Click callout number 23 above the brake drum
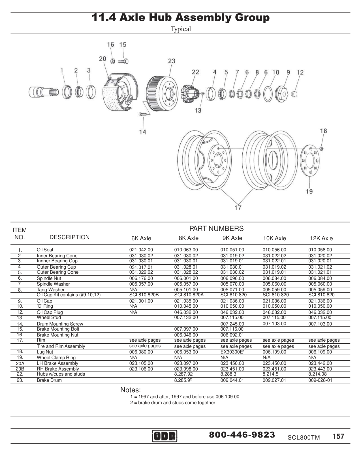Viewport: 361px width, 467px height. (172, 61)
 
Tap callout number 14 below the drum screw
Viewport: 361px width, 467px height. (143, 132)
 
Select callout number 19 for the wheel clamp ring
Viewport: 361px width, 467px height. (309, 191)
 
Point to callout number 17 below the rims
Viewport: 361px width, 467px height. (238, 208)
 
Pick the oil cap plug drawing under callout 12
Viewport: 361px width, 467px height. (294, 93)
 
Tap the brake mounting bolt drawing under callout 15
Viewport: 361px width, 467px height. (123, 61)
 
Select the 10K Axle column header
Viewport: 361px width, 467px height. (274, 238)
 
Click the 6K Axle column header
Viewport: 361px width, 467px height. (141, 238)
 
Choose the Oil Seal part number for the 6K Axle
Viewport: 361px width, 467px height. (141, 250)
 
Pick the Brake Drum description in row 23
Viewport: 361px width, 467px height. (49, 380)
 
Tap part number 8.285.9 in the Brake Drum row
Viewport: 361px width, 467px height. (183, 380)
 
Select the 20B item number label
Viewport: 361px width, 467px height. (20, 369)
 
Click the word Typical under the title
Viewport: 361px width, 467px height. (181, 29)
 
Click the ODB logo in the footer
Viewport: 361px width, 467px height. (165, 436)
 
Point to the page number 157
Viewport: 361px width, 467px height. (338, 436)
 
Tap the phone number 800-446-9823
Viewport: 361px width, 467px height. (242, 435)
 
